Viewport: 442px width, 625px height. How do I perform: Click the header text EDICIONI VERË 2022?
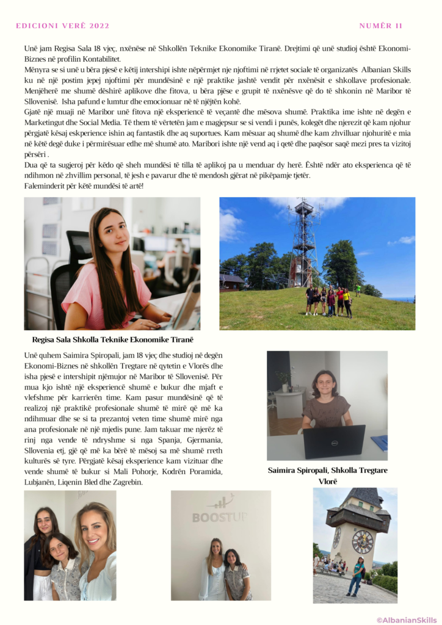point(63,26)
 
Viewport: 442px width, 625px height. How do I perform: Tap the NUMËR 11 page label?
point(380,26)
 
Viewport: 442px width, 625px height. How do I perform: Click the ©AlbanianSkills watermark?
point(406,620)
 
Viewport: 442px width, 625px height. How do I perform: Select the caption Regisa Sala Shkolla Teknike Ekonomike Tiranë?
point(116,339)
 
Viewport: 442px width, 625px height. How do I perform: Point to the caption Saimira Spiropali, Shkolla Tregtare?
point(327,470)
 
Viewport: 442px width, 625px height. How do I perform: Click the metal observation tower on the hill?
point(303,244)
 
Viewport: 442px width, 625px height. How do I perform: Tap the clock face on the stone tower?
point(363,541)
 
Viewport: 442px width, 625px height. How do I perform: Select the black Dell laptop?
point(334,441)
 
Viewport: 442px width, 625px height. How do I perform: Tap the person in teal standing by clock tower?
point(356,576)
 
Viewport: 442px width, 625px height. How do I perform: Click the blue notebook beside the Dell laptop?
point(379,443)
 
